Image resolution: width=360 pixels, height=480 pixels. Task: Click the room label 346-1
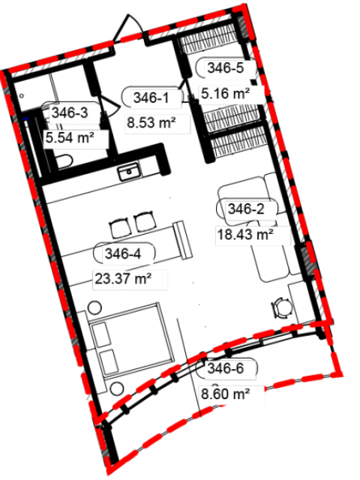[x=151, y=98]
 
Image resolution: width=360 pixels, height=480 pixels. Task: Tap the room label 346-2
[x=246, y=209]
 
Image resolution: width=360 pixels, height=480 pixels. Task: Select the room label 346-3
[x=70, y=112]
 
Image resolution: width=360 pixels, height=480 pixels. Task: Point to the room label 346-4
[x=123, y=253]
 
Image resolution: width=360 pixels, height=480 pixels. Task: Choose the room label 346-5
[x=226, y=67]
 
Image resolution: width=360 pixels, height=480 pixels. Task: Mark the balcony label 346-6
[x=226, y=368]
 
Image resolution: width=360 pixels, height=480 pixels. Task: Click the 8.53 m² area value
[x=151, y=123]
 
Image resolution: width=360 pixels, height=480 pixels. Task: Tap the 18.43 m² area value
[x=245, y=235]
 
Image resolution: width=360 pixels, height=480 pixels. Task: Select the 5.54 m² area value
[x=70, y=137]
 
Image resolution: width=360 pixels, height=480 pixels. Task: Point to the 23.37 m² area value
[x=123, y=278]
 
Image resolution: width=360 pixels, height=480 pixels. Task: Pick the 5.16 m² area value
[x=225, y=93]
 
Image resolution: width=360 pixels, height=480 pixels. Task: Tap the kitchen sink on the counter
[x=130, y=172]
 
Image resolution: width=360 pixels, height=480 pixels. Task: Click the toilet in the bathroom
[x=64, y=161]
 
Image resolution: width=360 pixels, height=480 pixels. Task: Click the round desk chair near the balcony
[x=281, y=308]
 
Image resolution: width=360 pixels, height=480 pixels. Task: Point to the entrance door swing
[x=128, y=28]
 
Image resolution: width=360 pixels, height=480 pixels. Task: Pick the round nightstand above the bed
[x=94, y=307]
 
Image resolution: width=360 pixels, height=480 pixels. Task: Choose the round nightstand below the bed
[x=117, y=388]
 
